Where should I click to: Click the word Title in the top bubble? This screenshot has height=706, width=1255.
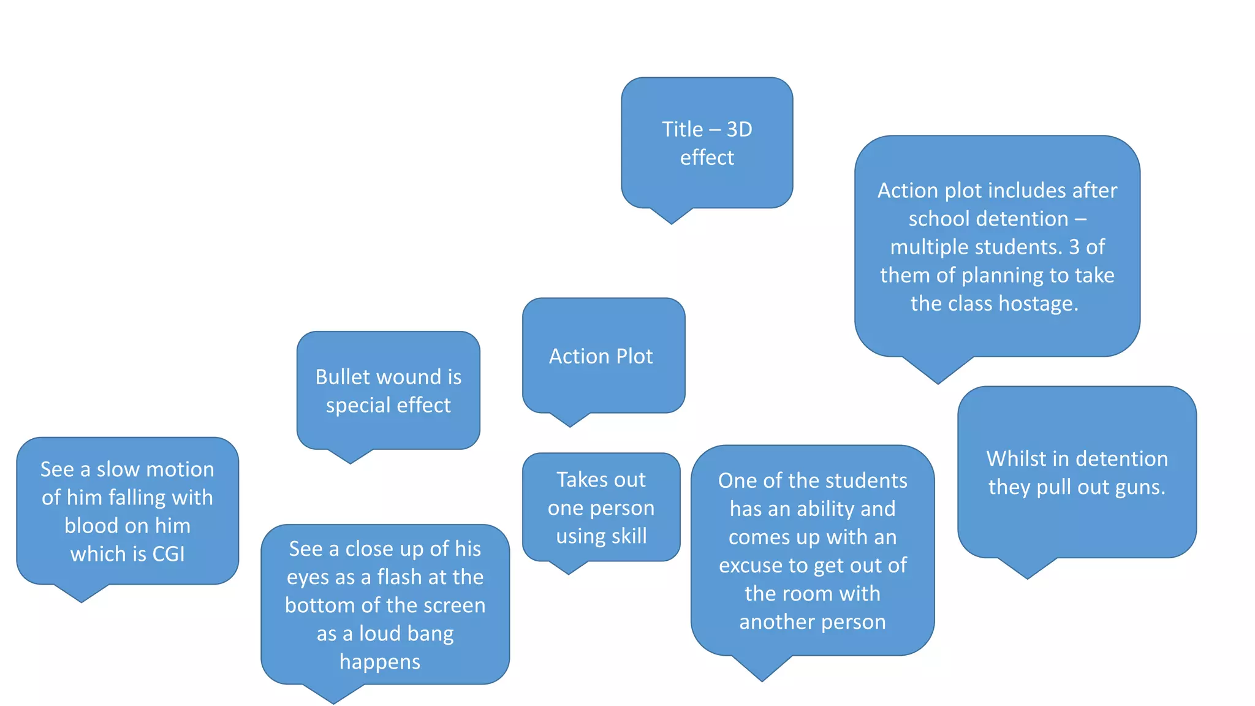[x=682, y=129]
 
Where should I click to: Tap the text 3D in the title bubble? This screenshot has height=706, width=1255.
[x=739, y=129]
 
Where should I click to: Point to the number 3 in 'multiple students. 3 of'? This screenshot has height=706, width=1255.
[x=1074, y=247]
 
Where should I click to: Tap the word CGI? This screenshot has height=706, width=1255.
[x=168, y=554]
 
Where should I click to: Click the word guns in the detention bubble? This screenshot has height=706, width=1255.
[x=1140, y=487]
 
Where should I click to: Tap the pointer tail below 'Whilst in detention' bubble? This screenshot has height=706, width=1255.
[x=1028, y=569]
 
